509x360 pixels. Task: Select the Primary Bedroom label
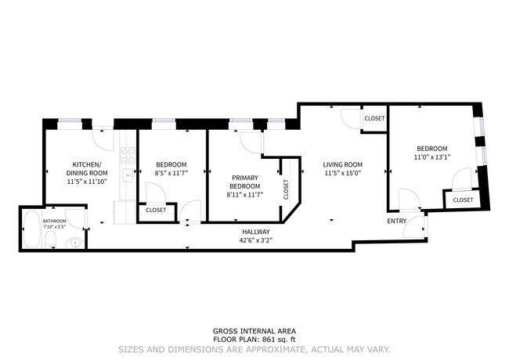[244, 182]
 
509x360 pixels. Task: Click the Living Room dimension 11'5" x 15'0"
[342, 174]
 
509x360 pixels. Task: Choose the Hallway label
[255, 232]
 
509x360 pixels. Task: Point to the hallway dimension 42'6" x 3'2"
[255, 241]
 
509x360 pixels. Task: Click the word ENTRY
[397, 221]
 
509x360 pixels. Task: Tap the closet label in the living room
[374, 118]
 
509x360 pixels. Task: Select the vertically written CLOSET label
[287, 189]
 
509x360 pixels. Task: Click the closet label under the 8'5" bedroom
[155, 210]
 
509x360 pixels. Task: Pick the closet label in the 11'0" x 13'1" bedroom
[463, 200]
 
